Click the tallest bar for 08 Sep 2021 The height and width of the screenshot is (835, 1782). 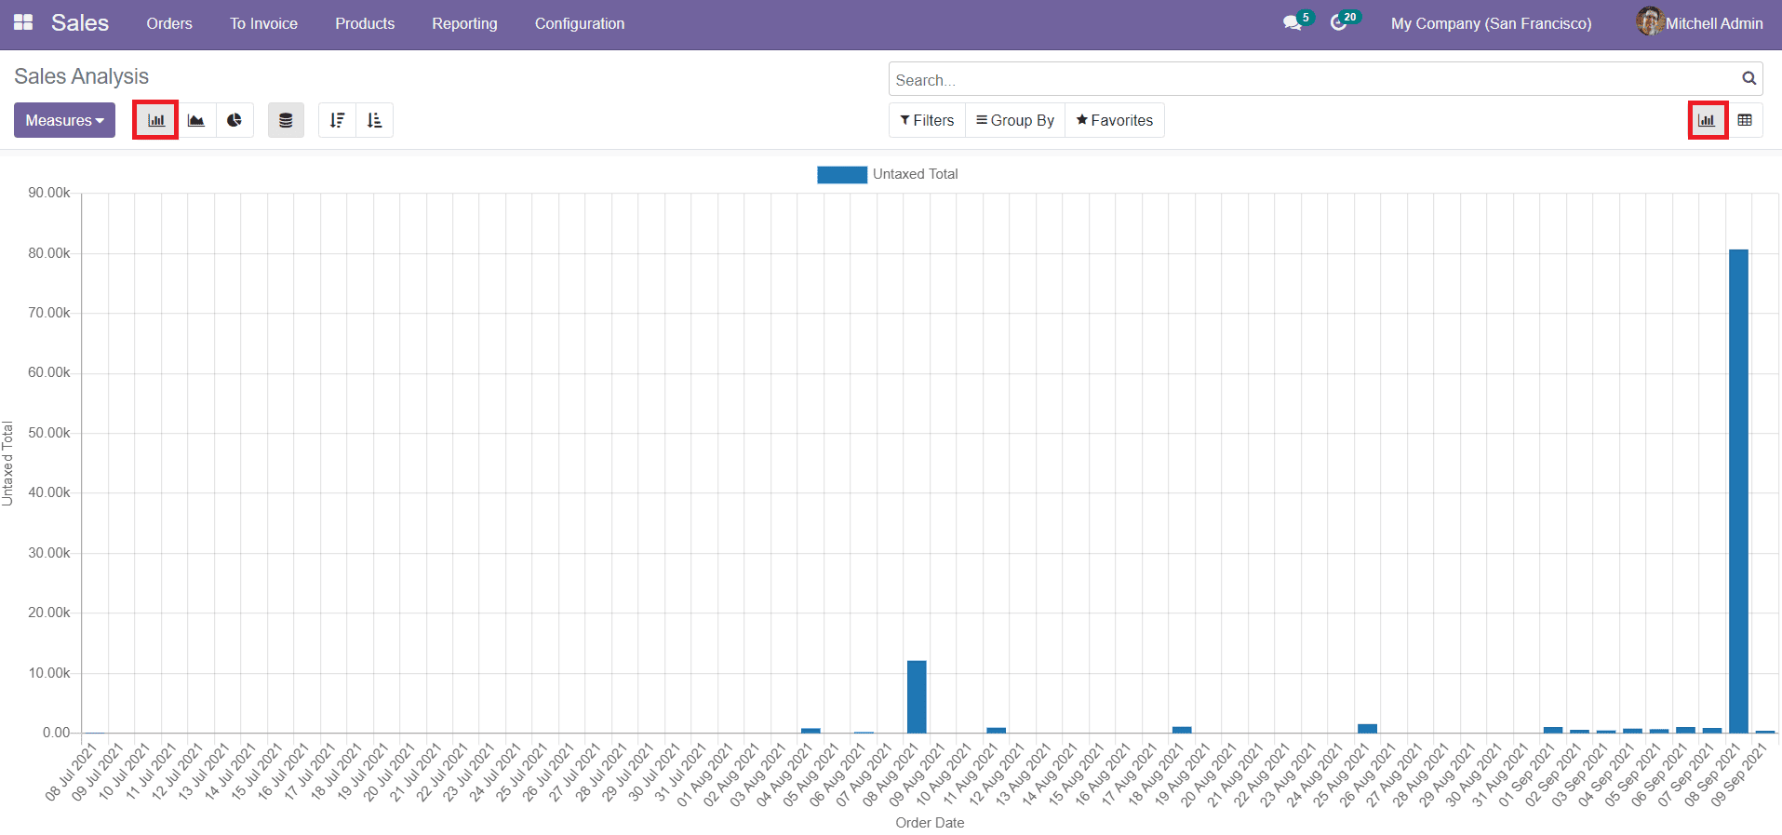point(1738,491)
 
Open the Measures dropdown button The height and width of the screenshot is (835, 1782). point(64,120)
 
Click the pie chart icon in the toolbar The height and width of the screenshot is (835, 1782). point(234,120)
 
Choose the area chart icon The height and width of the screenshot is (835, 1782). point(196,120)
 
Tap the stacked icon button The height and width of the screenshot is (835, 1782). point(286,120)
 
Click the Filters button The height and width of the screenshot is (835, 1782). point(927,120)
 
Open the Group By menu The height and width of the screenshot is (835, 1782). point(1014,120)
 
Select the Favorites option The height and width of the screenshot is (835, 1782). point(1114,120)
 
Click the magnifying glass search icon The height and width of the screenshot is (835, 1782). point(1749,79)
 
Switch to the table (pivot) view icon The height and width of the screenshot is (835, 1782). point(1745,120)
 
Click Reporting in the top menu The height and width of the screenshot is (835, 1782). point(464,23)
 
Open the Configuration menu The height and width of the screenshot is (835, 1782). point(579,23)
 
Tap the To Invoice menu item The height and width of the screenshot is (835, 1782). point(263,23)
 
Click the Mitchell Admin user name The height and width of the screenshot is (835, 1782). point(1713,23)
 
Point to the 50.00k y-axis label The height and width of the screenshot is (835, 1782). point(48,433)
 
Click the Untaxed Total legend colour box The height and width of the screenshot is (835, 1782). point(841,174)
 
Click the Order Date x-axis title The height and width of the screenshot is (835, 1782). point(929,823)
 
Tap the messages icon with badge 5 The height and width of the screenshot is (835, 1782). point(1293,23)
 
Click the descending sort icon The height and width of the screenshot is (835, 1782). point(337,120)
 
